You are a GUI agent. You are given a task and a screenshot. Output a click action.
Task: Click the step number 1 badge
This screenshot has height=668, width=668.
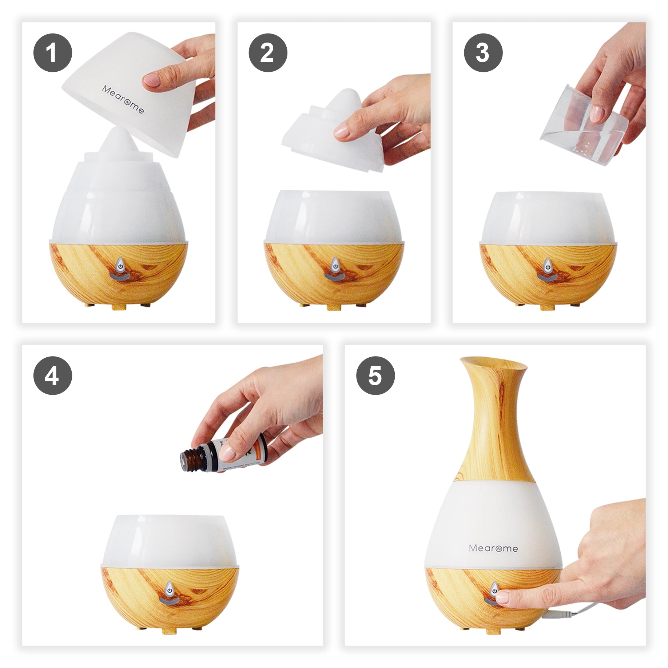point(52,53)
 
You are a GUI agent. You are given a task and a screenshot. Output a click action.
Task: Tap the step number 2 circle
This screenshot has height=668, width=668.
point(268,53)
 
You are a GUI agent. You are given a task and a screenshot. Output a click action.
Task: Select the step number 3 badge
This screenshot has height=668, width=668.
point(483,53)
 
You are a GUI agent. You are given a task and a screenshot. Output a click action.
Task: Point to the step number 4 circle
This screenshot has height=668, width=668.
point(52,375)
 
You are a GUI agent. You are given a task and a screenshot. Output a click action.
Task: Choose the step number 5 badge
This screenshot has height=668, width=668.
point(375,375)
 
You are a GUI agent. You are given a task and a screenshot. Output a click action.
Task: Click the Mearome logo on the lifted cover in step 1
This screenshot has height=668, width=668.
point(123,99)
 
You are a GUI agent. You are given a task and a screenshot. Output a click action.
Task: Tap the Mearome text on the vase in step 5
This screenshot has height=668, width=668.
point(493,548)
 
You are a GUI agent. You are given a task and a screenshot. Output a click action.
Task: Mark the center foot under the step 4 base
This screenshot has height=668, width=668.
point(169,631)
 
